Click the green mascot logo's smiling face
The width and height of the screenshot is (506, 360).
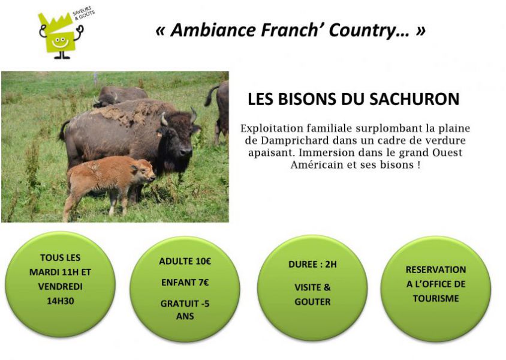point(59,42)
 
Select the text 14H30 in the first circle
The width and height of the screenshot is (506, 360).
point(61,301)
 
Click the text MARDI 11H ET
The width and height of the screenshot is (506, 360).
point(61,272)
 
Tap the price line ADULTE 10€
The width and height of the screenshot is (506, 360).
point(185,261)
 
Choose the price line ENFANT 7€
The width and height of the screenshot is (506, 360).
point(185,283)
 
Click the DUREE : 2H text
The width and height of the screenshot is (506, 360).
point(312,265)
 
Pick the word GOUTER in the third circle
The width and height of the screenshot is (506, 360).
point(312,302)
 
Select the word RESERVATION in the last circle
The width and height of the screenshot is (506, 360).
point(436,269)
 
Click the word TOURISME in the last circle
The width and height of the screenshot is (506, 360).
point(436,298)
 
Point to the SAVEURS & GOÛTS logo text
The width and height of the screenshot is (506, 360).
point(83,13)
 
